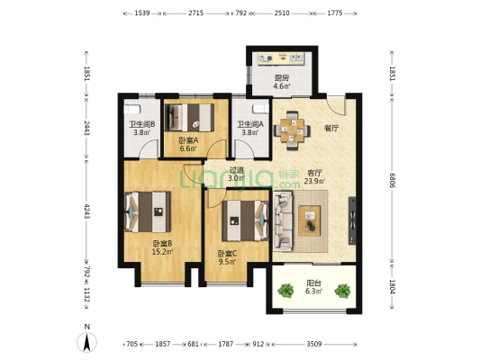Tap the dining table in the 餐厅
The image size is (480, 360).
(292, 130)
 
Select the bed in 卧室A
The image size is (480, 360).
(189, 118)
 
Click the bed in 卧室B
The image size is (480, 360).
(148, 212)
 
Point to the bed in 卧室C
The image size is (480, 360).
(245, 220)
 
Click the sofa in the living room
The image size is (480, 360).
(283, 220)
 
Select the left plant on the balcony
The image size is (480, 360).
(285, 291)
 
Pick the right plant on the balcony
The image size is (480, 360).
(342, 291)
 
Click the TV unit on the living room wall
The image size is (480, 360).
(352, 220)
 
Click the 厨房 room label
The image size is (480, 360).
(281, 77)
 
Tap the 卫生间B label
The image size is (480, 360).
(141, 124)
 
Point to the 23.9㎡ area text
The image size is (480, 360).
(314, 181)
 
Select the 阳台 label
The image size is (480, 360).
(313, 283)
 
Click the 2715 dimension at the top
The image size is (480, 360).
(196, 13)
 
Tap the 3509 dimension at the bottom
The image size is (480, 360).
(314, 344)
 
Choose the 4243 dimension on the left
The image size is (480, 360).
(86, 211)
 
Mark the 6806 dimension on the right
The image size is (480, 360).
(392, 181)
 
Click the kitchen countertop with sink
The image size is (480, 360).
(281, 58)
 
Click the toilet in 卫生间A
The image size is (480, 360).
(260, 109)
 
